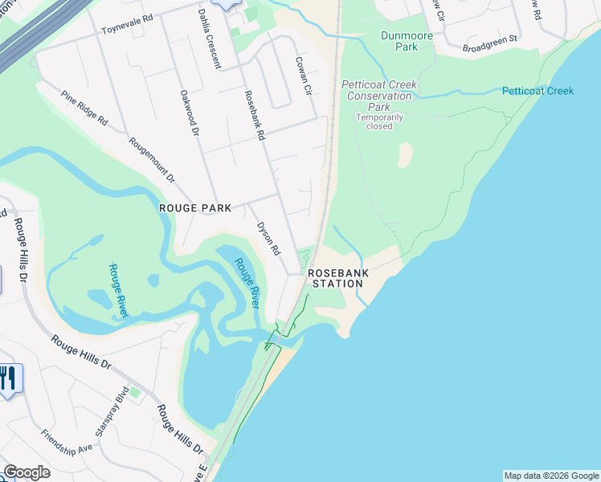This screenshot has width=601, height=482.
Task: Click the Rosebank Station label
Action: click(x=337, y=278)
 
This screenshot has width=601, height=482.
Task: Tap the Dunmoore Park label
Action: click(x=407, y=41)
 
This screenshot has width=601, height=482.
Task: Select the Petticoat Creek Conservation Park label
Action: click(x=377, y=96)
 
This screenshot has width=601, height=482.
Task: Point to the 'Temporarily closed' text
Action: click(x=374, y=121)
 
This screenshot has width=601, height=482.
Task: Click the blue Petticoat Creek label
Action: click(x=538, y=91)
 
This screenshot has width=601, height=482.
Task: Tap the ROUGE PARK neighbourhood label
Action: click(x=195, y=208)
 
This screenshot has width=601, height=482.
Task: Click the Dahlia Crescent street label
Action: click(x=208, y=39)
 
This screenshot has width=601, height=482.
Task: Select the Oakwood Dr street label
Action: click(x=189, y=112)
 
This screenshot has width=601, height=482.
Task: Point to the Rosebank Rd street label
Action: click(x=254, y=115)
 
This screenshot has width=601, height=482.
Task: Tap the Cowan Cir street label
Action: click(x=303, y=76)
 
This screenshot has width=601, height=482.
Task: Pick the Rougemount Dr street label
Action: click(x=152, y=160)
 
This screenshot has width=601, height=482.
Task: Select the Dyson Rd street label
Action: click(x=268, y=239)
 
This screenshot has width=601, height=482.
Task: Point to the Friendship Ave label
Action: click(x=67, y=443)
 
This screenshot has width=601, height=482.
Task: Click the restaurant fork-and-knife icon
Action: click(x=8, y=378)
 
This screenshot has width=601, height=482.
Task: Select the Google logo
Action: click(x=27, y=472)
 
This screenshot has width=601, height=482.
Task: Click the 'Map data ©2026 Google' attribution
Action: click(x=551, y=476)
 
